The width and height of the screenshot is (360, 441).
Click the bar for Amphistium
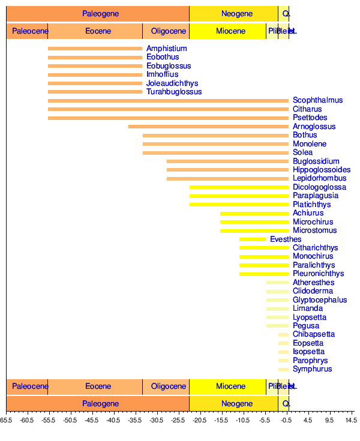tap(95, 49)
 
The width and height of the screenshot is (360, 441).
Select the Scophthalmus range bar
tap(168, 101)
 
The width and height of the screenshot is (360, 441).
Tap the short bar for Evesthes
tap(253, 239)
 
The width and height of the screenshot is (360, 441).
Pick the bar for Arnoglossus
tap(208, 127)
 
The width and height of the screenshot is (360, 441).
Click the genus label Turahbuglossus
tap(174, 92)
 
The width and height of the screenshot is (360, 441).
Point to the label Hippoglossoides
tap(322, 170)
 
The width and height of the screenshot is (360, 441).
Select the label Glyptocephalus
tap(320, 300)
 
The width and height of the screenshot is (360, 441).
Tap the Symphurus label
tap(312, 369)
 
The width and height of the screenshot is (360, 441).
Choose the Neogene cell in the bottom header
tap(233, 404)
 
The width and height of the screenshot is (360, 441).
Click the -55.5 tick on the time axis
tap(49, 421)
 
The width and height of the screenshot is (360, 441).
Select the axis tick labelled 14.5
tap(350, 421)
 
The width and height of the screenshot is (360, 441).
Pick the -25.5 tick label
tap(178, 421)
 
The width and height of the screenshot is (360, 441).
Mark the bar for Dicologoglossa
tap(239, 187)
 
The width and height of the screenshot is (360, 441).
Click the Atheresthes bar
tap(277, 283)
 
